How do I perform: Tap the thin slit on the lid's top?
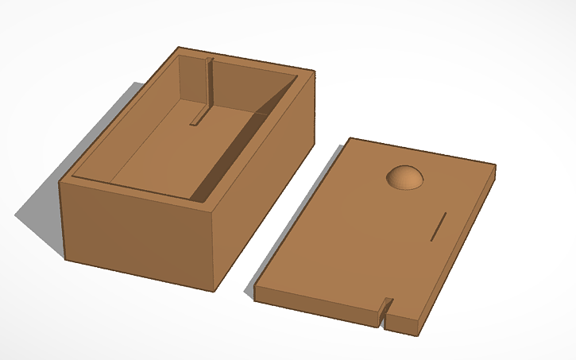tap(439, 226)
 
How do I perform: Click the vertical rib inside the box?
tap(209, 87)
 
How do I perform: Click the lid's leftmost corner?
tap(255, 291)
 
